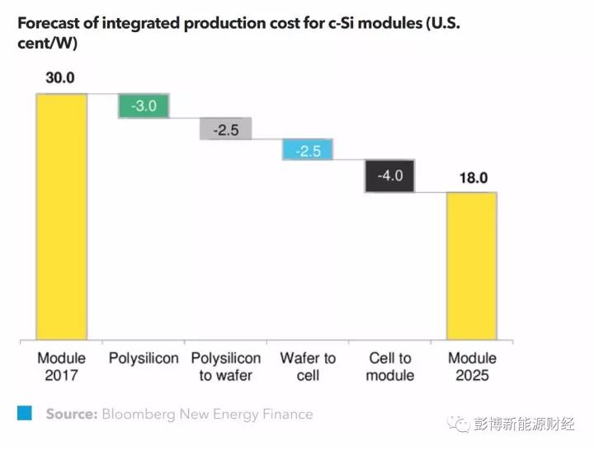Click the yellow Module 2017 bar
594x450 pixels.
coord(61,216)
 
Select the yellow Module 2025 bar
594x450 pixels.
coord(472,265)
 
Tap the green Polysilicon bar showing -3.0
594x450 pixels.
coord(144,106)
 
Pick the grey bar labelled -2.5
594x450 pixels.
coord(225,129)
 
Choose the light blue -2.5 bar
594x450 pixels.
coord(308,150)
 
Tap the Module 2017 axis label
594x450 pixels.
coord(61,367)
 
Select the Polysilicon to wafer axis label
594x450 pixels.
coord(225,367)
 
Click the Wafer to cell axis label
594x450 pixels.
coord(308,367)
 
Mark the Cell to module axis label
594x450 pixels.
coord(389,367)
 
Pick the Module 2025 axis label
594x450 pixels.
coord(472,367)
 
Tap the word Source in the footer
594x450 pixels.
coord(71,414)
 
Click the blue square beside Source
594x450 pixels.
coord(25,414)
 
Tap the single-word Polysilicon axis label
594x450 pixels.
coord(144,359)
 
